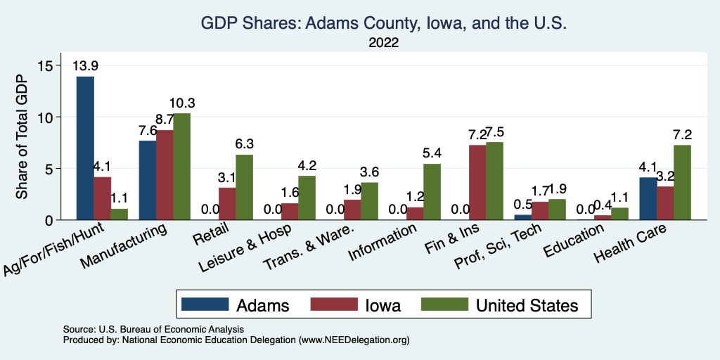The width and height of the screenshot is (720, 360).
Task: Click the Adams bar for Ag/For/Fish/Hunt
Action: [x=85, y=148]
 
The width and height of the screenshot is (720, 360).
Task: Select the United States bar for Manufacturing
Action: [x=181, y=167]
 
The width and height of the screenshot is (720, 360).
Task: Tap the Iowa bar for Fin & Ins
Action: [x=478, y=182]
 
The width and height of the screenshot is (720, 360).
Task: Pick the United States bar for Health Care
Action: [x=681, y=182]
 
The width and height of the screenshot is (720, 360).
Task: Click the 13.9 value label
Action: [x=85, y=66]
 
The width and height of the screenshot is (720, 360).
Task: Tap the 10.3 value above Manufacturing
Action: [x=181, y=103]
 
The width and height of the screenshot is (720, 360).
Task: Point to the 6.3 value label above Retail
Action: [x=244, y=144]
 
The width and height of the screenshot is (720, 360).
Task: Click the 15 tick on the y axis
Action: [x=46, y=65]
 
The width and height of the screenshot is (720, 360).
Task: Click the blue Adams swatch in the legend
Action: [x=205, y=304]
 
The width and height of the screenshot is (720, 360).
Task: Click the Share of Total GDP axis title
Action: [x=22, y=136]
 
